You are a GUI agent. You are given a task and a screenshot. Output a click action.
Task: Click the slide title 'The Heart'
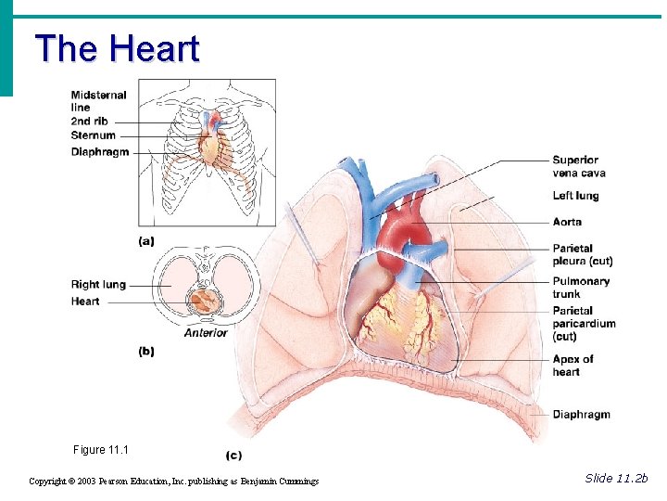tap(117, 48)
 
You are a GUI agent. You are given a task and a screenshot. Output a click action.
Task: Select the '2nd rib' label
tap(90, 122)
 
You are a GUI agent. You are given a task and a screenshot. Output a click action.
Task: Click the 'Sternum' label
tap(94, 135)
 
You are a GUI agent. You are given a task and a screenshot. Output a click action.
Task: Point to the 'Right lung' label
tap(98, 285)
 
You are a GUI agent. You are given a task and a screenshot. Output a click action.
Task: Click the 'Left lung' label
tap(575, 196)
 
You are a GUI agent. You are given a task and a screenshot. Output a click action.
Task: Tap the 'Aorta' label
tap(567, 222)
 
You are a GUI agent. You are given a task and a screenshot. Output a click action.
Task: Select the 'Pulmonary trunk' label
tap(581, 288)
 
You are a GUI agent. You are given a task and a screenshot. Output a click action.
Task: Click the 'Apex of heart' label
tap(573, 366)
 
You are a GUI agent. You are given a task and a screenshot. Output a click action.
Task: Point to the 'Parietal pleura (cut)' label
tap(582, 255)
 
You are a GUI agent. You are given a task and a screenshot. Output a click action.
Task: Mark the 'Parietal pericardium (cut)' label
tap(584, 323)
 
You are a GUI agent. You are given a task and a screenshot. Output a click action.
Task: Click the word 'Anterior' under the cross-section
tap(206, 333)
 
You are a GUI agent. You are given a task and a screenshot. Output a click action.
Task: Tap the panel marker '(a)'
tap(146, 240)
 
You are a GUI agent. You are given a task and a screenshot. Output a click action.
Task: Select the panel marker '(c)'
tap(235, 456)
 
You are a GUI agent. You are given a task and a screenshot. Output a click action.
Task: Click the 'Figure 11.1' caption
tap(101, 450)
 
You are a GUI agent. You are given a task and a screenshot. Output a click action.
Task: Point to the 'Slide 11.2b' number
tap(617, 478)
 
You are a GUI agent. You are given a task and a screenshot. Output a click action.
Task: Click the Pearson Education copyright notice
tap(174, 482)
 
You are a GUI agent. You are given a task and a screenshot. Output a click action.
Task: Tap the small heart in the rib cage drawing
tap(213, 146)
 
